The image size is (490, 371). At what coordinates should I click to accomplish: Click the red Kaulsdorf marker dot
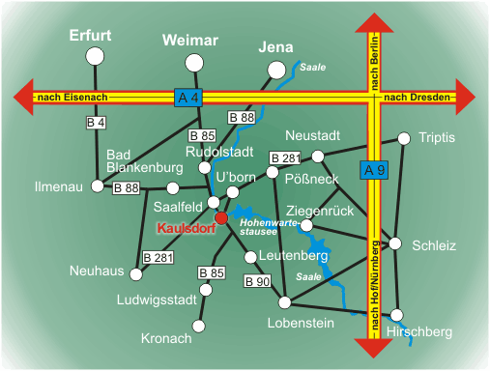(221, 218)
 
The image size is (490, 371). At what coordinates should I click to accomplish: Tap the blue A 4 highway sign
(188, 98)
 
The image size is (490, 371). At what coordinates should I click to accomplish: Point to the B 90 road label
(257, 281)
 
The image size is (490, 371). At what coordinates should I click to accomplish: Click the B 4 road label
(96, 123)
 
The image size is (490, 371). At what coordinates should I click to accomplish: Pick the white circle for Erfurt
(95, 57)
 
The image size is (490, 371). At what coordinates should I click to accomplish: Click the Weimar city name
(191, 40)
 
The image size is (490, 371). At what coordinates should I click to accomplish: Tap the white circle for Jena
(277, 70)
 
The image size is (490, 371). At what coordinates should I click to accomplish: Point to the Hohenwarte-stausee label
(266, 227)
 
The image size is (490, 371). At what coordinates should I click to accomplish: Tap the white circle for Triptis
(404, 137)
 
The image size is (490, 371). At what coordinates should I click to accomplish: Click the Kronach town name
(166, 338)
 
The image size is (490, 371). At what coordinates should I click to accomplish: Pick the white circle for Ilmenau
(97, 186)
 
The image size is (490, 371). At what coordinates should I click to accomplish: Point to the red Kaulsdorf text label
(185, 229)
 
